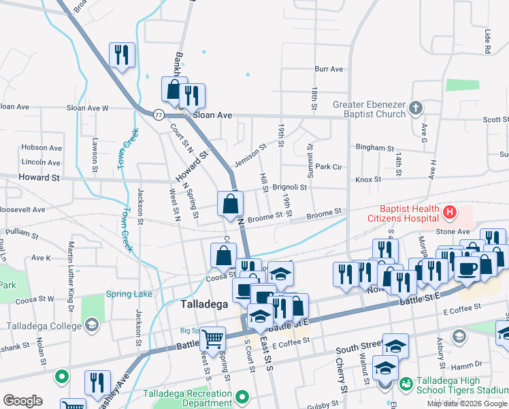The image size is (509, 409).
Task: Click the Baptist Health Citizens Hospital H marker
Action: pyautogui.click(x=449, y=213)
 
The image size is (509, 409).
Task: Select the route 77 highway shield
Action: pyautogui.click(x=158, y=115)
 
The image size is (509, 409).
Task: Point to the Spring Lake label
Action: pyautogui.click(x=129, y=294)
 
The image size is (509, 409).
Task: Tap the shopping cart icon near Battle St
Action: pyautogui.click(x=213, y=337)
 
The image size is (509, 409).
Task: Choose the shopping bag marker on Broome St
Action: pyautogui.click(x=231, y=203)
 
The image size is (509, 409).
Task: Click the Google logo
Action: pyautogui.click(x=22, y=401)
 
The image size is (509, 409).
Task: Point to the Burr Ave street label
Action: pyautogui.click(x=329, y=70)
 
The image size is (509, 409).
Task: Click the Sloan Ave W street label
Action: pyautogui.click(x=87, y=108)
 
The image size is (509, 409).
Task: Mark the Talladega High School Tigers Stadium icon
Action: pyautogui.click(x=406, y=384)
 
